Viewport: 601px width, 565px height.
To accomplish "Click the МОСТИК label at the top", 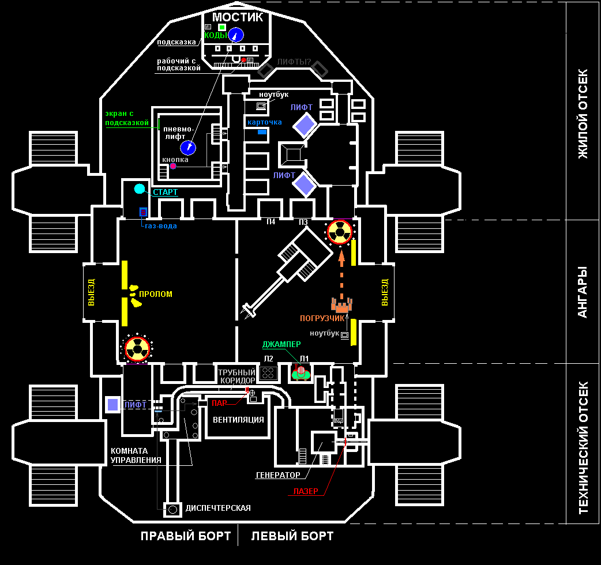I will (x=238, y=17).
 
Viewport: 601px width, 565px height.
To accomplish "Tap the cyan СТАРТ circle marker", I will (x=140, y=189).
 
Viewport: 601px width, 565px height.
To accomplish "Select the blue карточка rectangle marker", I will (x=262, y=132).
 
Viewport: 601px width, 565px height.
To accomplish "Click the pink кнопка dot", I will (x=172, y=166).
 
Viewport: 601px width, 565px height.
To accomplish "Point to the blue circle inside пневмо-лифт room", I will (x=188, y=148).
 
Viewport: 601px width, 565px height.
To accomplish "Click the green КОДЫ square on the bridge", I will (x=222, y=27).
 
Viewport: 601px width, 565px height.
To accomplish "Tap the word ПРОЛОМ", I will (x=156, y=294).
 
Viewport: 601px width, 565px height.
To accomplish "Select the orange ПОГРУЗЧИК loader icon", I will (x=341, y=305).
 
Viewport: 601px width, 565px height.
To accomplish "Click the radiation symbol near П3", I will (x=339, y=232).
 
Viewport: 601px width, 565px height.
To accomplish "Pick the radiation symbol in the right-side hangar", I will (x=137, y=348).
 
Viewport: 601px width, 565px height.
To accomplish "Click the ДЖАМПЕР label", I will (x=281, y=344).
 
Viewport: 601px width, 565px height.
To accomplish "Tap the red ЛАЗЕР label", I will (x=306, y=492).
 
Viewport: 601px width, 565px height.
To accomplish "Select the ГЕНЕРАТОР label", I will (x=278, y=475).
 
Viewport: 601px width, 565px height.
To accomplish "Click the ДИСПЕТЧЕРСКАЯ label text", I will (x=218, y=508).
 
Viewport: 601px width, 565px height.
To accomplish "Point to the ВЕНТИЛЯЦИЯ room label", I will (x=238, y=420).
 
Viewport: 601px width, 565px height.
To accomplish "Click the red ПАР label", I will (x=219, y=403).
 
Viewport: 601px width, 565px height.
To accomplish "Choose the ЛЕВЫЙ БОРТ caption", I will (x=292, y=536).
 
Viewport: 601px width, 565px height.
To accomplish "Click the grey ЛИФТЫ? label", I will (x=294, y=62).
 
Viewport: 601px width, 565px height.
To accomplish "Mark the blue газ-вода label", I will (x=161, y=226).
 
